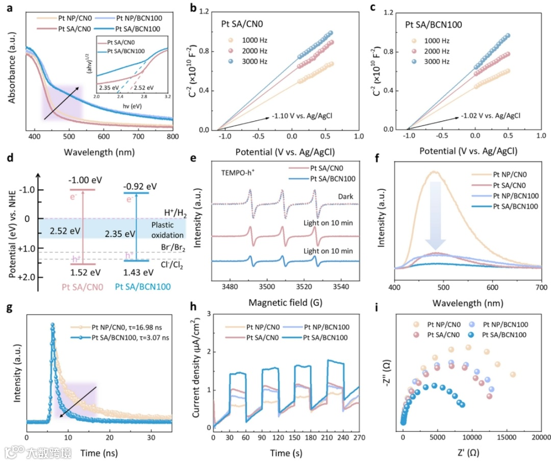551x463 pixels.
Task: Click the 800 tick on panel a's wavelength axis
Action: coord(173,137)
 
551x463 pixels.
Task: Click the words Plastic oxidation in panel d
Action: coord(166,230)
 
